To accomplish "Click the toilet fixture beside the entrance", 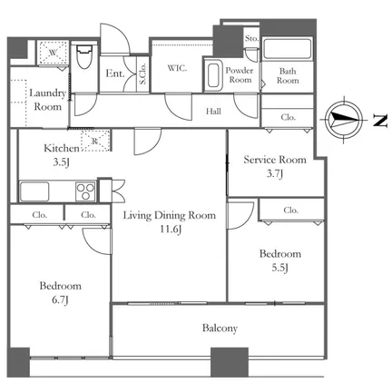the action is point(83,56).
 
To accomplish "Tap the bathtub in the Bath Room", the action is point(287,49).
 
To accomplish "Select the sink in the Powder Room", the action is point(212,75).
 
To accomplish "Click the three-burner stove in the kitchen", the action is point(85,191).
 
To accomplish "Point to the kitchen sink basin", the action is point(34,191).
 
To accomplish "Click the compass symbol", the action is point(344,120).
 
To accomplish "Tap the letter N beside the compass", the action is point(380,121).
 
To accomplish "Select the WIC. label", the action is point(177,68).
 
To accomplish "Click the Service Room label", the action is point(275,160).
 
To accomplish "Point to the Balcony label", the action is point(220,328).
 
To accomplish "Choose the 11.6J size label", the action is point(171,230).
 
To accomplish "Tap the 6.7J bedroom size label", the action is point(60,299).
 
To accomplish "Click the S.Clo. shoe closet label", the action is point(142,73).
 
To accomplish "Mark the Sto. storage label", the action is point(251,38).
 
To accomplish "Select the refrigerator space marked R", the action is point(95,141).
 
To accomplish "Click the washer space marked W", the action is point(54,53).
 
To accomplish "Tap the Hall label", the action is point(213,112).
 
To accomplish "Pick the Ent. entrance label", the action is point(115,73).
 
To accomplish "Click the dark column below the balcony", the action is point(230,362).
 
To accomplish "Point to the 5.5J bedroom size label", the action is point(279,268).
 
